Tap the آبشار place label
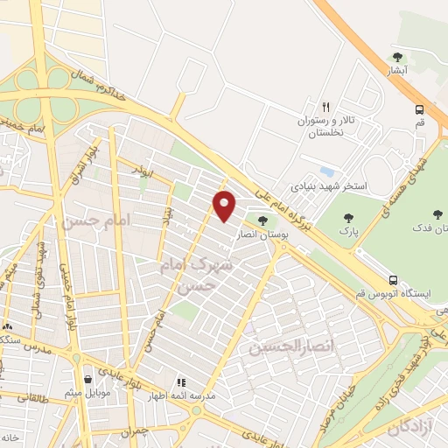(397, 73)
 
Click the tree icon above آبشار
(397, 58)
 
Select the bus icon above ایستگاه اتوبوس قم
(394, 280)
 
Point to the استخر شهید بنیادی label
(329, 186)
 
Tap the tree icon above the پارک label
(348, 218)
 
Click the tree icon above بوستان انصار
(262, 220)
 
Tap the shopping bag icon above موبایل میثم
(88, 379)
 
